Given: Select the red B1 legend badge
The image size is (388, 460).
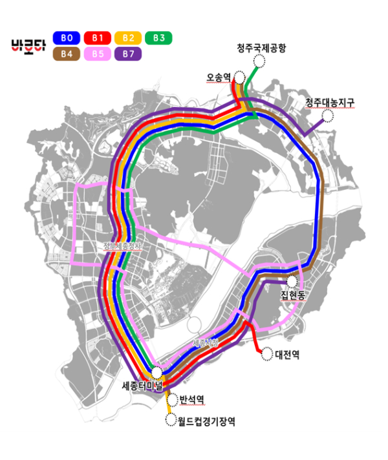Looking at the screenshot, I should click(x=98, y=38).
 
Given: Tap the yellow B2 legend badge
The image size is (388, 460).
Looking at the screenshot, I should click(x=127, y=38).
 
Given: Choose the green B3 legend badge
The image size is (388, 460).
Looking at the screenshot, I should click(x=158, y=38).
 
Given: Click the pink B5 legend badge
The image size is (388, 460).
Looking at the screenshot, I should click(x=98, y=54).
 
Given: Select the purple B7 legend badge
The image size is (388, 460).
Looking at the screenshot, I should click(x=127, y=54).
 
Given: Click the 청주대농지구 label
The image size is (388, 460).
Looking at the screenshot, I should click(x=330, y=103).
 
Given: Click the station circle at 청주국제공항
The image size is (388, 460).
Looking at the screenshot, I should click(x=259, y=61).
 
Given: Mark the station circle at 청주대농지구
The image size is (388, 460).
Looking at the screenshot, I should click(x=328, y=116).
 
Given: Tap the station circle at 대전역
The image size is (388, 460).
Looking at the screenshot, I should click(x=266, y=353).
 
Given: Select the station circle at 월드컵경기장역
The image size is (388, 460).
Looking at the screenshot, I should click(x=171, y=421).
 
